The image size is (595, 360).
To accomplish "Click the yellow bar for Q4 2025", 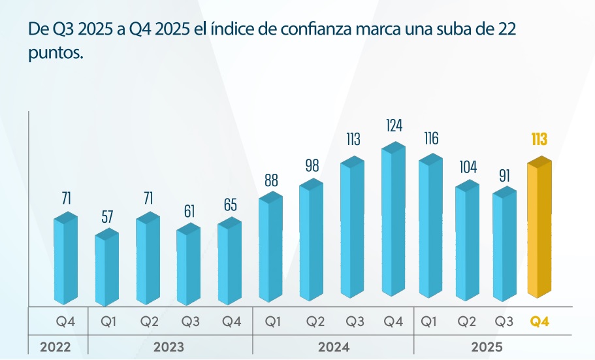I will click(539, 232).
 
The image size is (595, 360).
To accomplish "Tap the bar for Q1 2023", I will click(106, 268).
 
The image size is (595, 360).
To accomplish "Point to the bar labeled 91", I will click(504, 245).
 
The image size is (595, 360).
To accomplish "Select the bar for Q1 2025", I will click(430, 229).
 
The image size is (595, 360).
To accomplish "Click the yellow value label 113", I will click(539, 139).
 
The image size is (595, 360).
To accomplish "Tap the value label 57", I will click(106, 218).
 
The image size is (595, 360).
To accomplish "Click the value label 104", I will click(467, 166).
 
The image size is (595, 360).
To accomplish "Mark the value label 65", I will click(230, 205).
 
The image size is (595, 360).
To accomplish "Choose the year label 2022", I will click(56, 347).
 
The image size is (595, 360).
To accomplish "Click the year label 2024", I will click(333, 347).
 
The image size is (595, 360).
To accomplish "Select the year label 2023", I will click(169, 347).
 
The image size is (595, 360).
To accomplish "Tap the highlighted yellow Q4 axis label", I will click(539, 321).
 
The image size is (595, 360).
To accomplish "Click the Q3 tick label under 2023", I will click(190, 321).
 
